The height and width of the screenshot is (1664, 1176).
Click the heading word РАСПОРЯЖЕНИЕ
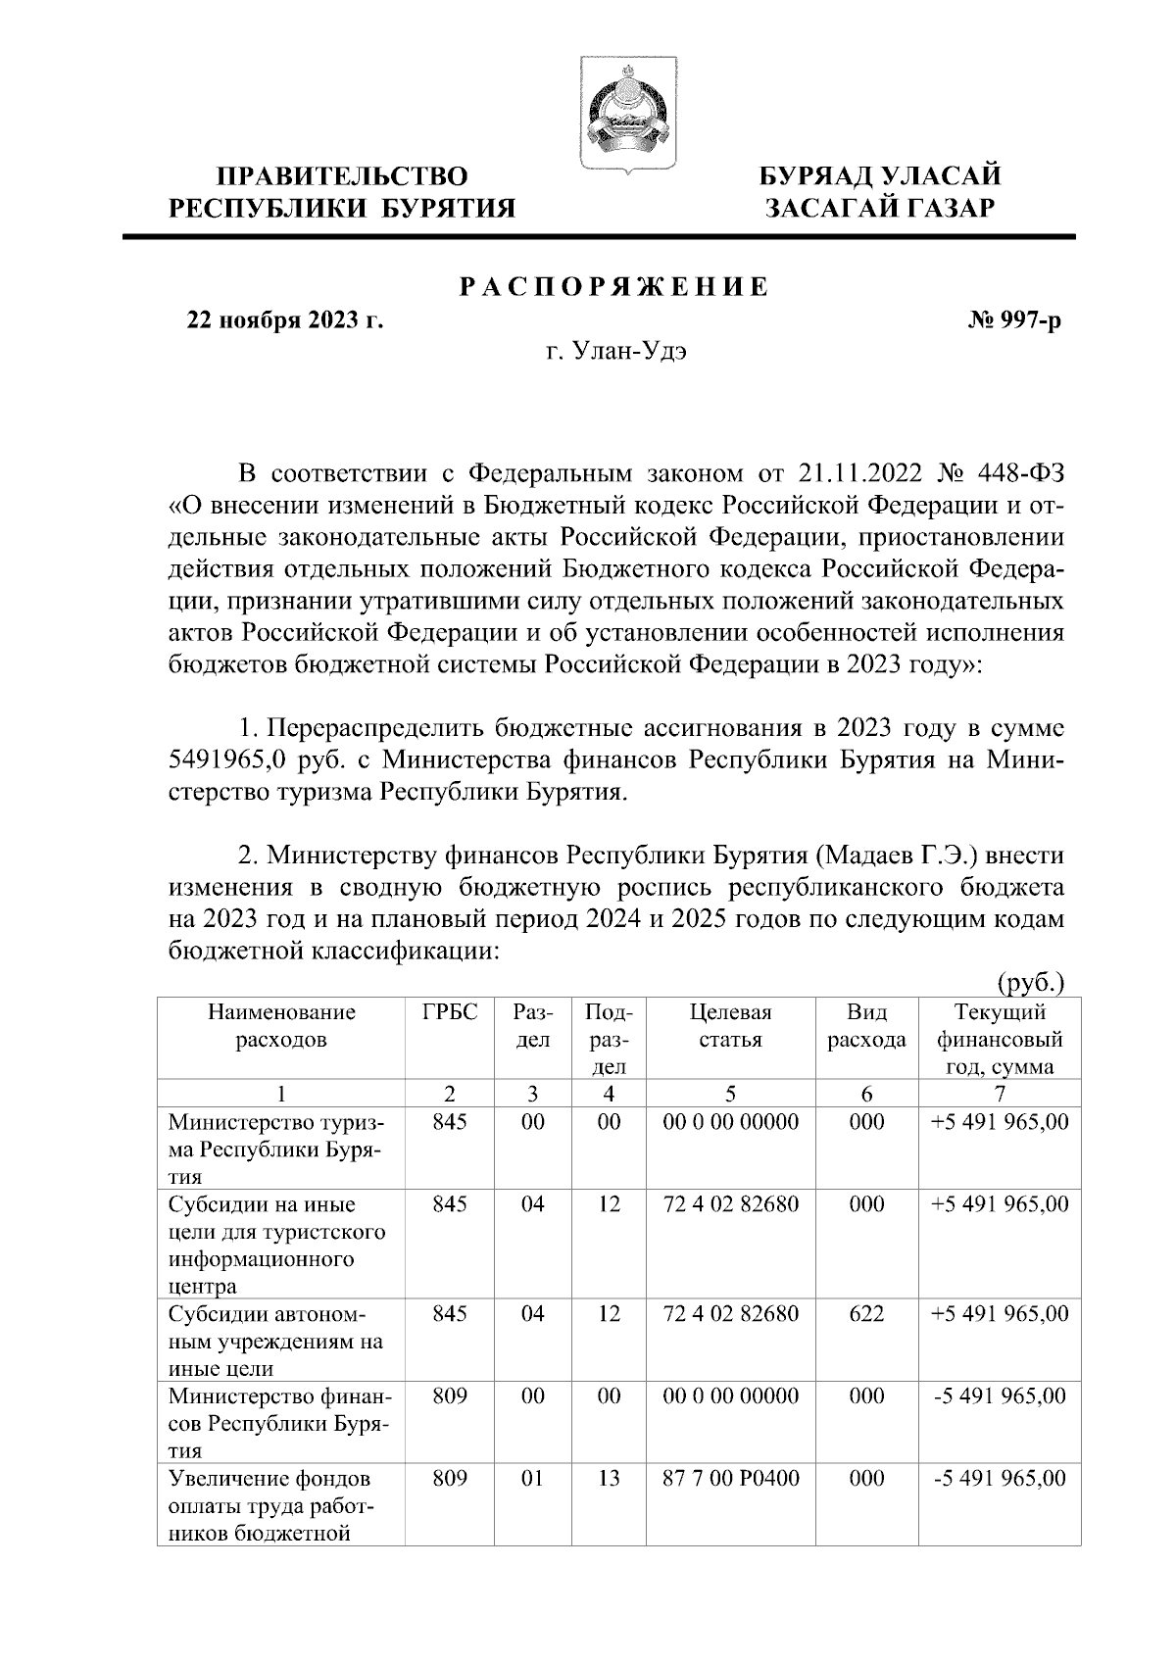pos(614,288)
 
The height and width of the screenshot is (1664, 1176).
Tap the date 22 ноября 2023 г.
pos(284,321)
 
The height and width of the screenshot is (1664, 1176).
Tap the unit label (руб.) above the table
pos(1030,982)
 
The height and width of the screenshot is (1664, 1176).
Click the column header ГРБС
pos(450,1012)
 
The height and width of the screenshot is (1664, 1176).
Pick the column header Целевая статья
pos(730,1026)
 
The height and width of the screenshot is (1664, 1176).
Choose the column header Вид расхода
pos(866,1026)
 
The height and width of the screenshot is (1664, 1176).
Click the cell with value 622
pos(866,1314)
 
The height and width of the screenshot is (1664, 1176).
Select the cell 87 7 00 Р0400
pos(730,1479)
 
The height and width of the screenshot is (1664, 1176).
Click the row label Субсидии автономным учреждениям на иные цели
pos(275,1341)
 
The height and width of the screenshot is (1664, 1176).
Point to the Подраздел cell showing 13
pos(609,1479)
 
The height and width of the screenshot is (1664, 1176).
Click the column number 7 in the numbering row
pos(999,1095)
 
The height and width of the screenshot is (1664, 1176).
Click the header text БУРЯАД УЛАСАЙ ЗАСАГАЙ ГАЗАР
pos(881,192)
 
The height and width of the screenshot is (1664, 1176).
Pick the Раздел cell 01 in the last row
pos(532,1479)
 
